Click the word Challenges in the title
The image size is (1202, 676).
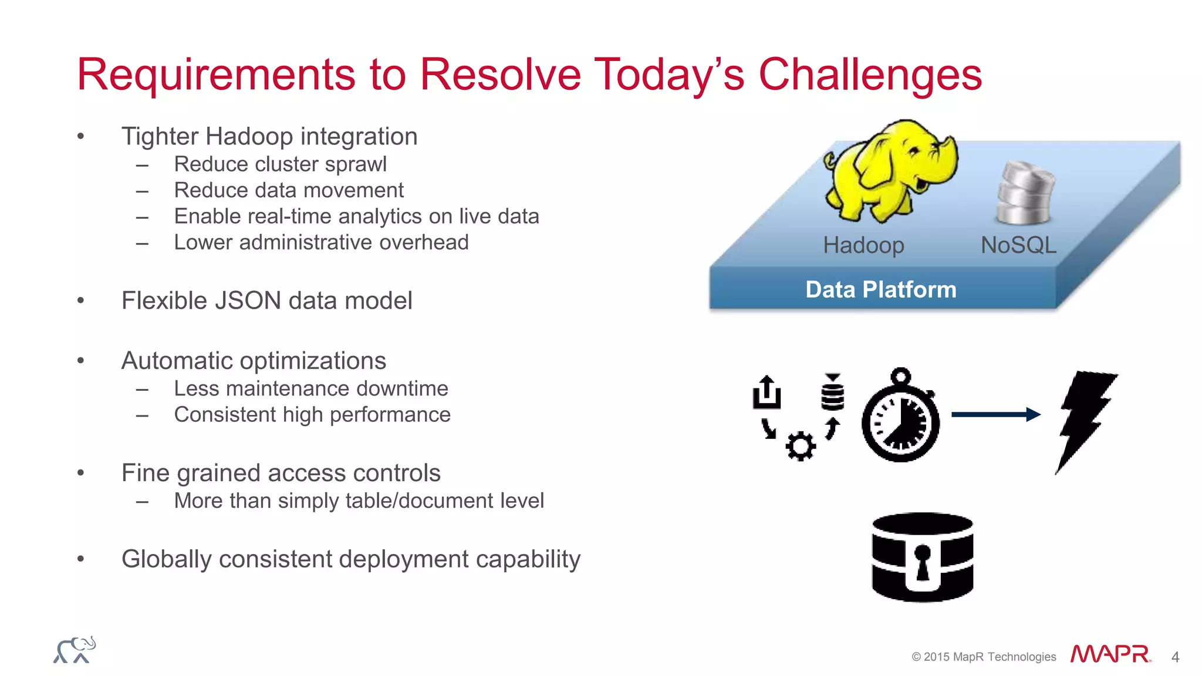pos(870,75)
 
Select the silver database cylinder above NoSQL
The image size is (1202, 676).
pos(1025,194)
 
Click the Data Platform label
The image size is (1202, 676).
pos(880,290)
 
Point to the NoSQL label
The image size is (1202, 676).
pos(1018,245)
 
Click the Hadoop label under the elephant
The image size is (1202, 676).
pos(863,245)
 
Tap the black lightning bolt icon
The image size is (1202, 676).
pos(1086,420)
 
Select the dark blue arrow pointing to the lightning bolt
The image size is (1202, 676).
pos(995,415)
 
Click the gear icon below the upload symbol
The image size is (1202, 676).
pos(801,447)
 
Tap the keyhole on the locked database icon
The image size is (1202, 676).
pos(923,560)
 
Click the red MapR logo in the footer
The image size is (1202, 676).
pos(1110,654)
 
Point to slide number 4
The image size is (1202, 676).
pos(1175,657)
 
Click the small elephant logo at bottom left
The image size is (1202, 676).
pos(75,650)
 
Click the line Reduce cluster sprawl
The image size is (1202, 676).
pos(280,164)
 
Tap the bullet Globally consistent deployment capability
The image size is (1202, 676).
pos(350,559)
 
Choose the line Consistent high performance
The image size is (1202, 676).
pos(312,415)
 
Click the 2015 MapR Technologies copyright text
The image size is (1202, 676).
pos(984,657)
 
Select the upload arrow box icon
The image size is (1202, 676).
pos(767,392)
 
